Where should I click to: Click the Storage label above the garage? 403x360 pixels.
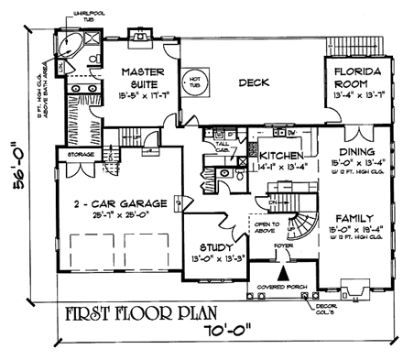[74, 155]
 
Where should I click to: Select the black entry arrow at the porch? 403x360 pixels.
[284, 271]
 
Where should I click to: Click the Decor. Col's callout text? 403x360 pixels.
[376, 299]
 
